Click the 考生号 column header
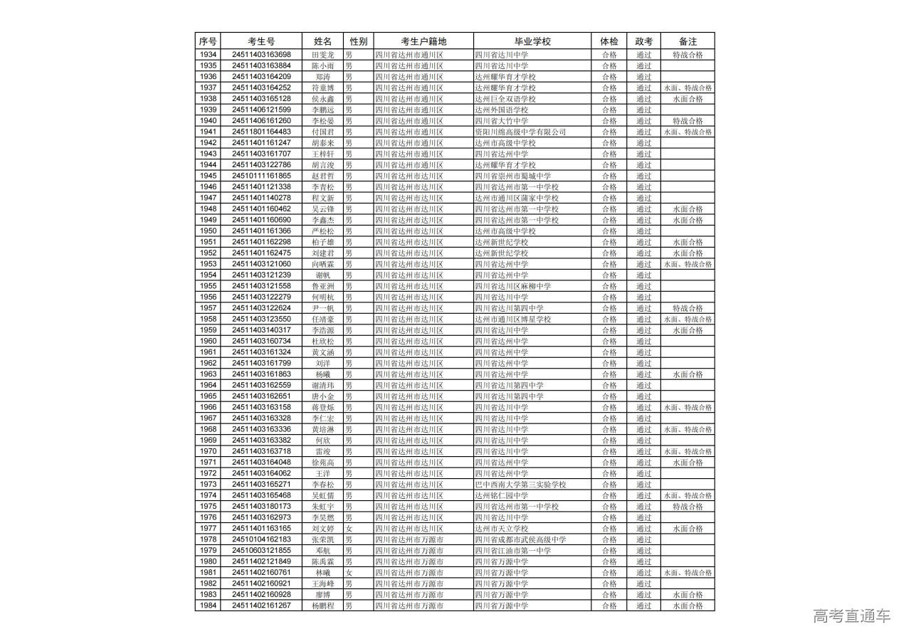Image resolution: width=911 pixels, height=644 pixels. coord(261,41)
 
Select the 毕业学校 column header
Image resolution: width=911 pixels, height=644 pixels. coord(532,41)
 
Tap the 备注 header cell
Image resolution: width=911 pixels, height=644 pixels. coord(688,41)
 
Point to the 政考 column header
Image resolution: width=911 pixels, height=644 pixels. coord(643,41)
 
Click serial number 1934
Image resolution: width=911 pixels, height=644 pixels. coord(208,55)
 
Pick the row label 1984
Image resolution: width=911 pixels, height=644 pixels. coord(208,606)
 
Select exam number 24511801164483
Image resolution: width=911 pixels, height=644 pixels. coord(261,132)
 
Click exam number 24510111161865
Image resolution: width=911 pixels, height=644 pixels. coord(261,176)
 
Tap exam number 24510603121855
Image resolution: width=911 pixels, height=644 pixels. coord(261,551)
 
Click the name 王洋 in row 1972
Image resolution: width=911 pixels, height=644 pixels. coord(323,473)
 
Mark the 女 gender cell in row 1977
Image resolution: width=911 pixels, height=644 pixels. coord(349,529)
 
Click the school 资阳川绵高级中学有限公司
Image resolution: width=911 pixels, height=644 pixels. coord(520,132)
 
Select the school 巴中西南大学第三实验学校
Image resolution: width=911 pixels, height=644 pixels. coord(520,485)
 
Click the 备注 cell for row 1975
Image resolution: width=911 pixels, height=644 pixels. coord(688,507)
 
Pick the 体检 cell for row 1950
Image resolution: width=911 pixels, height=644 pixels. coord(609,231)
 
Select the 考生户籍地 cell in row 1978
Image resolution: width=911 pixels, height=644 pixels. coord(409,539)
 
